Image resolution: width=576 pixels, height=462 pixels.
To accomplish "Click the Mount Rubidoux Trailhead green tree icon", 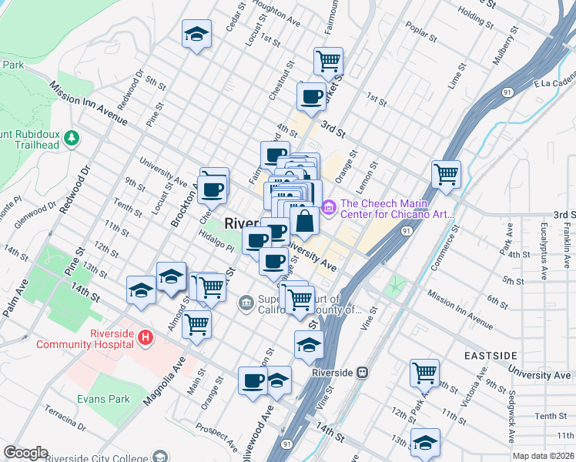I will pos(72,137).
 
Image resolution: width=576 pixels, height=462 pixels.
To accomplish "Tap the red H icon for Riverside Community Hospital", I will pos(146,336).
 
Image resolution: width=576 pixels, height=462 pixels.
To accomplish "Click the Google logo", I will pos(25,453).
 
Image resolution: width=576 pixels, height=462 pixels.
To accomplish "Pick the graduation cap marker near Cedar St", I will pos(196,34).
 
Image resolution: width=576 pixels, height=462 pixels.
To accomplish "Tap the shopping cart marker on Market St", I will pos(328,61).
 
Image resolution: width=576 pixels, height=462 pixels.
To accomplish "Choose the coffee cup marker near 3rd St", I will pos(311,96).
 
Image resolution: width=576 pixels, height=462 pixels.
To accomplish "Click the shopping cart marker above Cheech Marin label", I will pos(446,174).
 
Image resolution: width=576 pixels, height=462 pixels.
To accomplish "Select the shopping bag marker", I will pos(306,221).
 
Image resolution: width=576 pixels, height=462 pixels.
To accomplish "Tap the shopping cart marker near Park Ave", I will pos(424,373).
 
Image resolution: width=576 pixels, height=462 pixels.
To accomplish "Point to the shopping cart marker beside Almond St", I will pos(196,324).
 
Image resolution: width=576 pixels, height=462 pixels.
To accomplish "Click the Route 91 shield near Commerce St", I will pos(406,229).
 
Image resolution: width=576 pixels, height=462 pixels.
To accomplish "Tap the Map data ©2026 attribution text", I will pos(544,456).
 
